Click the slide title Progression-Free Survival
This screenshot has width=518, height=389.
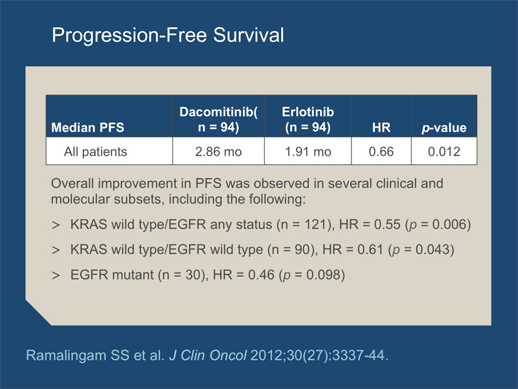(x=168, y=36)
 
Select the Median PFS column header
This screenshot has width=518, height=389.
(x=87, y=127)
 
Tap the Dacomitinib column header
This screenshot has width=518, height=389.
(x=218, y=119)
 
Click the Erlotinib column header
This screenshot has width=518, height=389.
(x=308, y=119)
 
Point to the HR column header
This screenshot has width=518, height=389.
(x=381, y=127)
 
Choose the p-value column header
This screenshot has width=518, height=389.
(x=444, y=128)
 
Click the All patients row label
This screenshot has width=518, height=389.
(x=95, y=152)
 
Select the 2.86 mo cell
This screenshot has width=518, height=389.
(x=218, y=152)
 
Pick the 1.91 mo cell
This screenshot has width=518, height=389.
(x=308, y=152)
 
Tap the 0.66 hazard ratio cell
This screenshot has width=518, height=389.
(x=381, y=152)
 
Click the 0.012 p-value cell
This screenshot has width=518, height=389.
(x=444, y=152)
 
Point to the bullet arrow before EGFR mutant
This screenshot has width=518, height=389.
(x=56, y=275)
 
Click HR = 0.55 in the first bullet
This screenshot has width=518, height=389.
(x=370, y=224)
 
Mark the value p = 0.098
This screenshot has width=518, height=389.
(x=311, y=275)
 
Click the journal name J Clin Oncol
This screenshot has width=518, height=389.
(x=208, y=355)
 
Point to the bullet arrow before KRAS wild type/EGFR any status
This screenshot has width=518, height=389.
(x=56, y=225)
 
